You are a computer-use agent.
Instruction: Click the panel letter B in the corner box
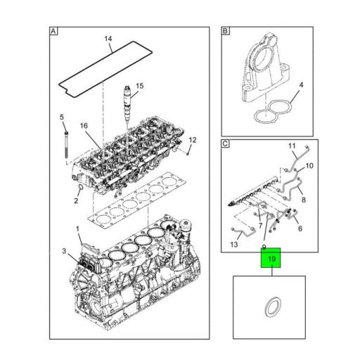coord(225,32)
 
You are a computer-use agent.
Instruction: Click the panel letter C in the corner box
coord(225,144)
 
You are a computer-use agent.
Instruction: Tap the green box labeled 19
coord(271,261)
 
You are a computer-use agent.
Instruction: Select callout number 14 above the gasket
coord(108,39)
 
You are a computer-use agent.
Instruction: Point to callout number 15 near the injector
coord(139,86)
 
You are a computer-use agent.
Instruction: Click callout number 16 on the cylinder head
coord(84,127)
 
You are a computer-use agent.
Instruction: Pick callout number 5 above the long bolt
coord(61,116)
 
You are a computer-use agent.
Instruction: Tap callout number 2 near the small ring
coord(75,201)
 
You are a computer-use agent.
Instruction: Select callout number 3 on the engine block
coord(63,251)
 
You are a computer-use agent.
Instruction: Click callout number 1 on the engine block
coord(79,229)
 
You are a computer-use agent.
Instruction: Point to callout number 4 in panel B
coord(300,86)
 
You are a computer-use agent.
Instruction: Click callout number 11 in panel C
coord(291,146)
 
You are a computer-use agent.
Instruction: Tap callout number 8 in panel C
coord(304,200)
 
